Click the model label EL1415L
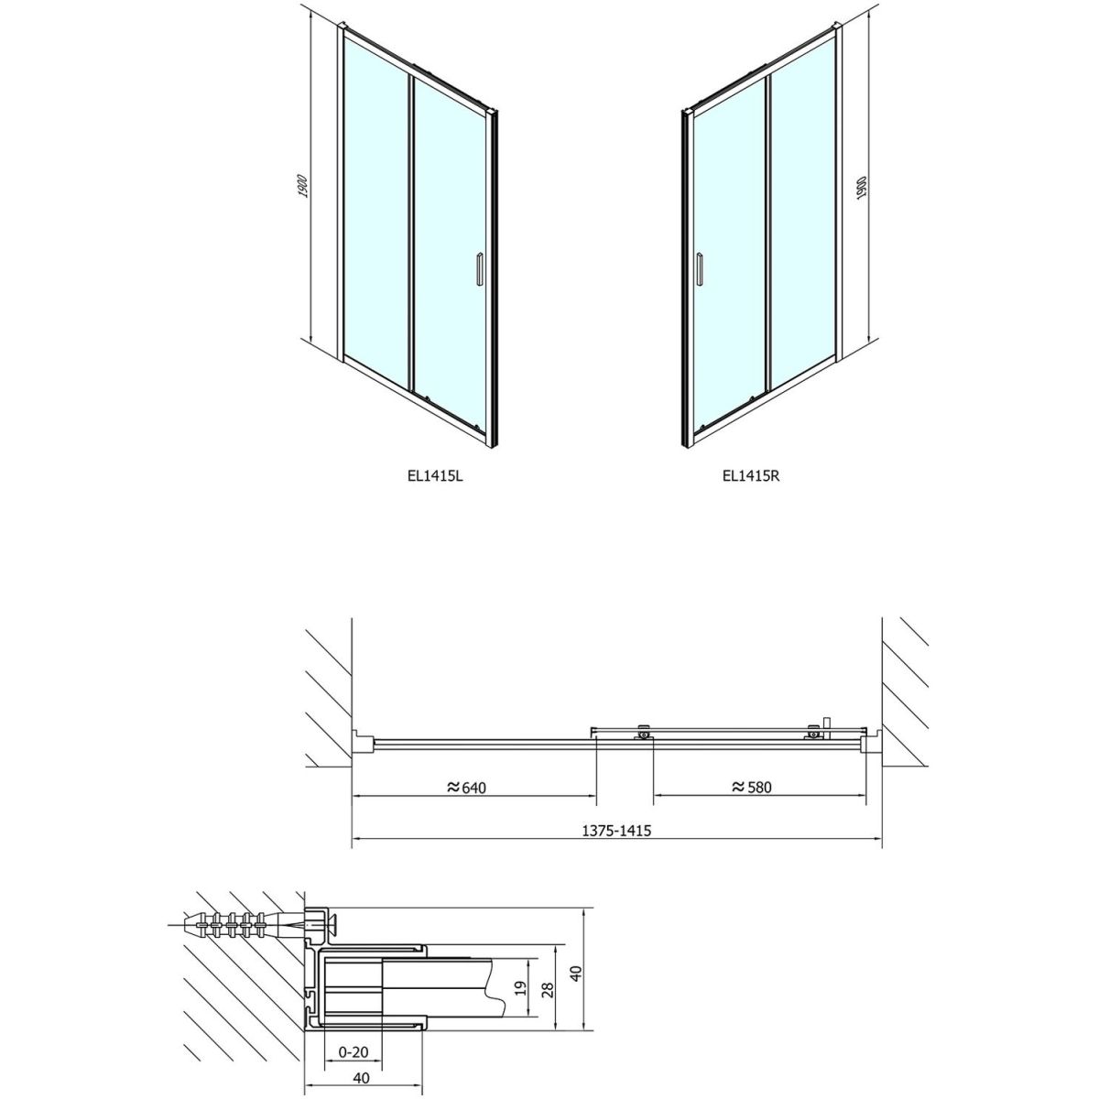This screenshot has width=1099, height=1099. [435, 475]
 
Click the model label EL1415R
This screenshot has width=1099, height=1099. [750, 475]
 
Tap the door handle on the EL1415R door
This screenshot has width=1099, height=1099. [699, 267]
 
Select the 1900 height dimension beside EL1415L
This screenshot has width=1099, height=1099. [303, 185]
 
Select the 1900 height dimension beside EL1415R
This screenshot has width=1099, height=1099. [862, 185]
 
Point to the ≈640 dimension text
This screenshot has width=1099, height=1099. [466, 788]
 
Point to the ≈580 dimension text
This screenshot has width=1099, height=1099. [751, 788]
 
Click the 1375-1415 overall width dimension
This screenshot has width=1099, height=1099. [616, 831]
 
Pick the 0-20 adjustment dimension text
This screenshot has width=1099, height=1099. [354, 1004]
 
